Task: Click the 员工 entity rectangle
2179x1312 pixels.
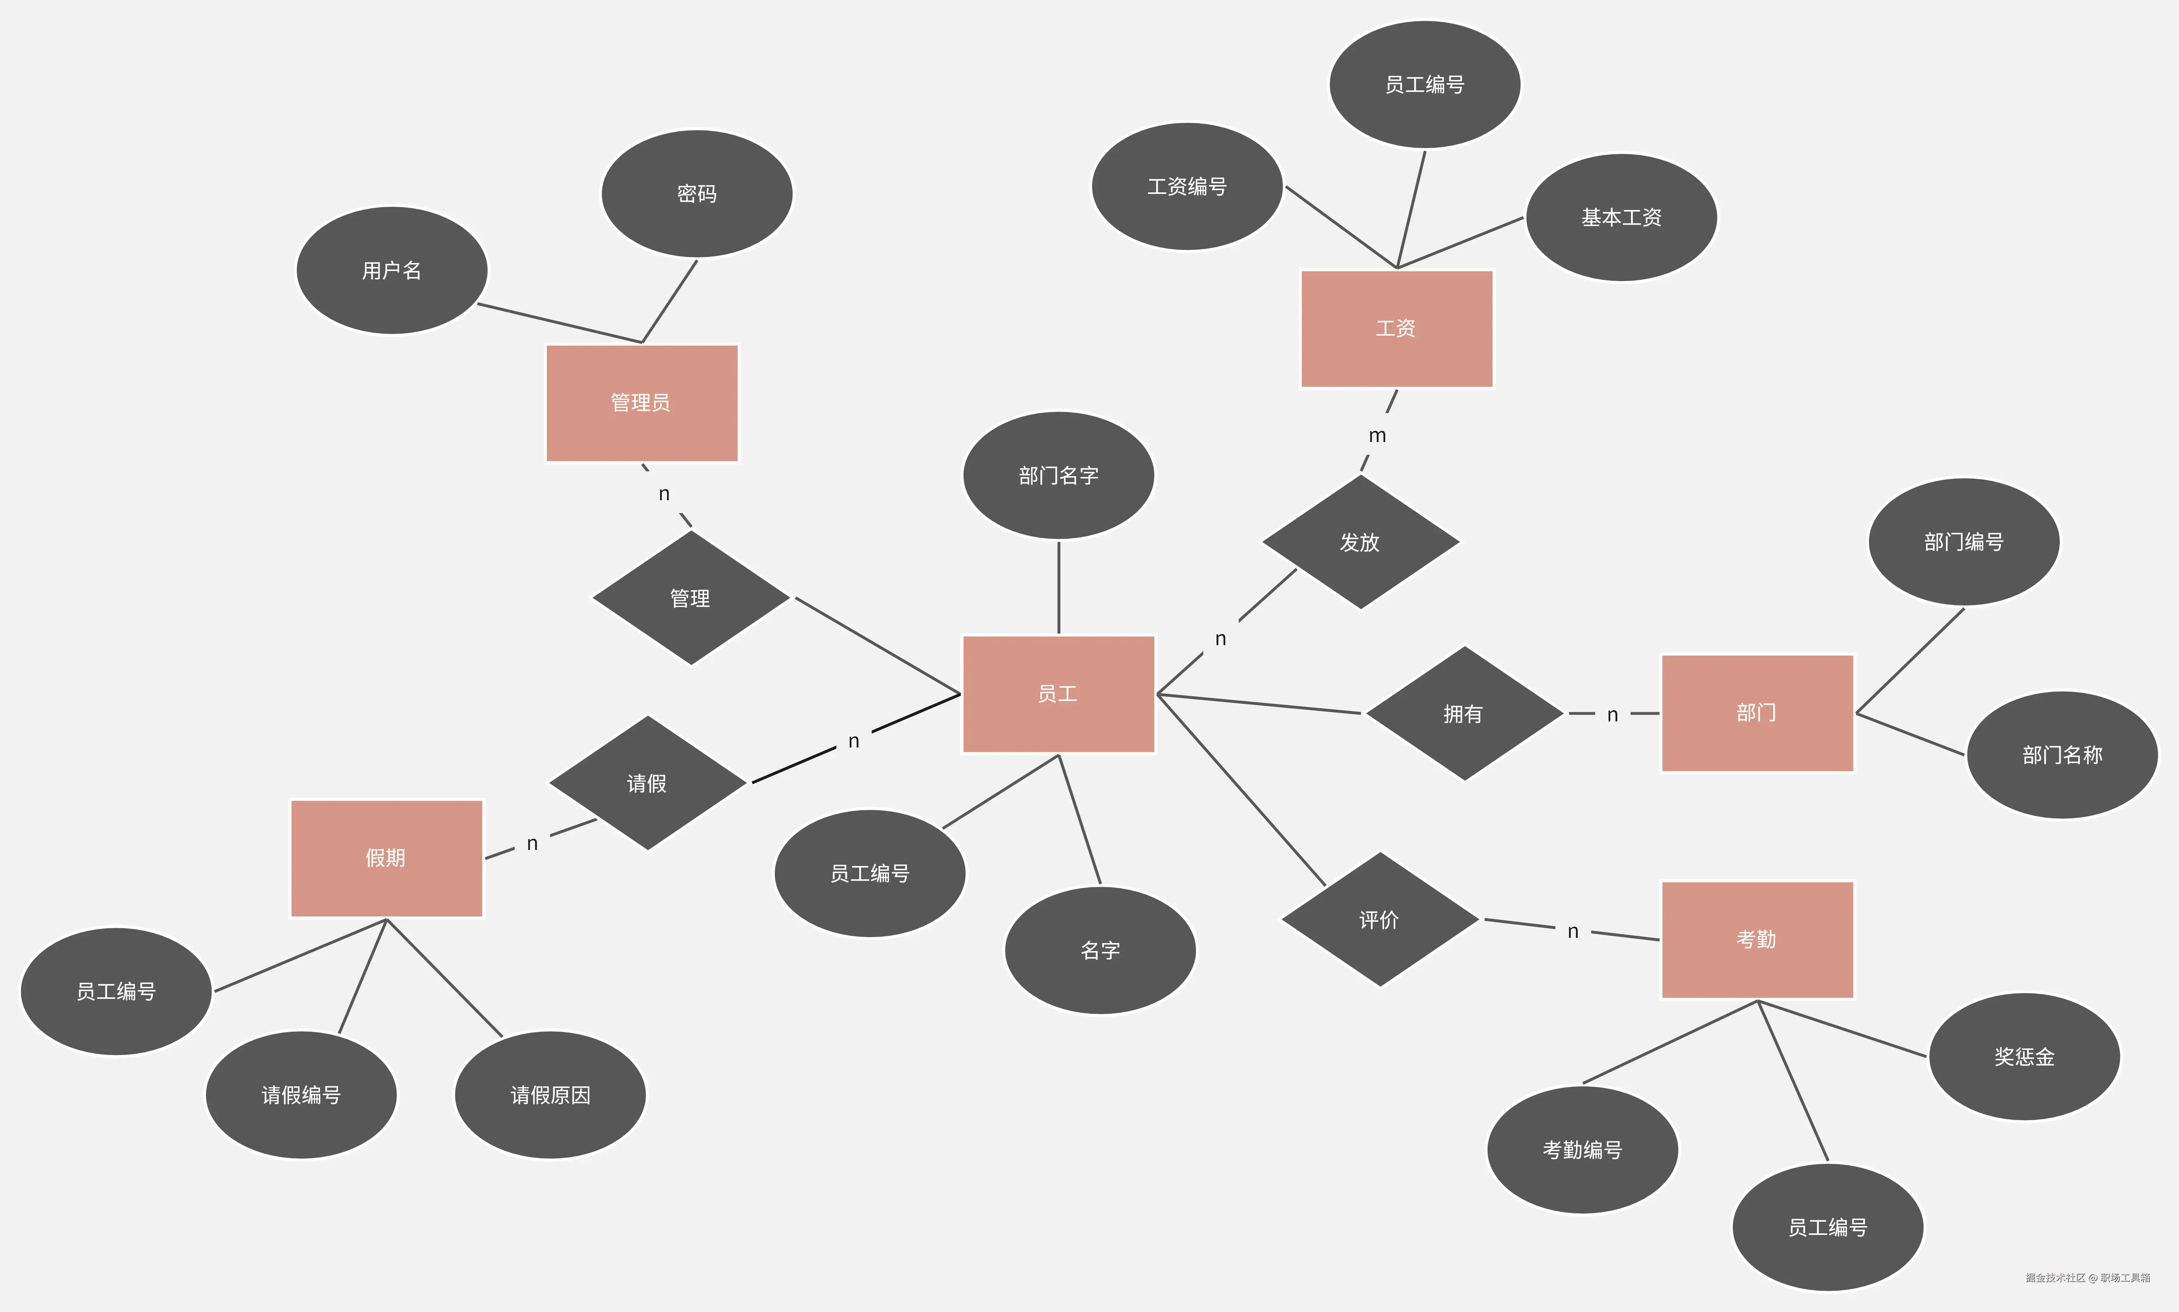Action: pyautogui.click(x=1058, y=694)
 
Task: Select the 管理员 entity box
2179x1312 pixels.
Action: pyautogui.click(x=642, y=403)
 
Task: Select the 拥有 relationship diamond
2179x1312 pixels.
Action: pyautogui.click(x=1464, y=713)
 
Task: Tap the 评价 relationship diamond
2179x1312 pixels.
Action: pyautogui.click(x=1379, y=919)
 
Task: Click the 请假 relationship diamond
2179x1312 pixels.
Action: pyautogui.click(x=647, y=783)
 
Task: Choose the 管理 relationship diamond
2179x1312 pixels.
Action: pyautogui.click(x=690, y=599)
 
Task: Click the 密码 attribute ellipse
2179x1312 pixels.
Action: pyautogui.click(x=697, y=194)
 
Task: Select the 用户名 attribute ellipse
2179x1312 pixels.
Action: pyautogui.click(x=391, y=271)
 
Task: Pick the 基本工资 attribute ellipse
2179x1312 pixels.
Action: pyautogui.click(x=1621, y=218)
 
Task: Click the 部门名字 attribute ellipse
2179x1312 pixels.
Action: pyautogui.click(x=1058, y=476)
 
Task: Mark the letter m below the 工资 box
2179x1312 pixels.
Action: pyautogui.click(x=1377, y=436)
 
